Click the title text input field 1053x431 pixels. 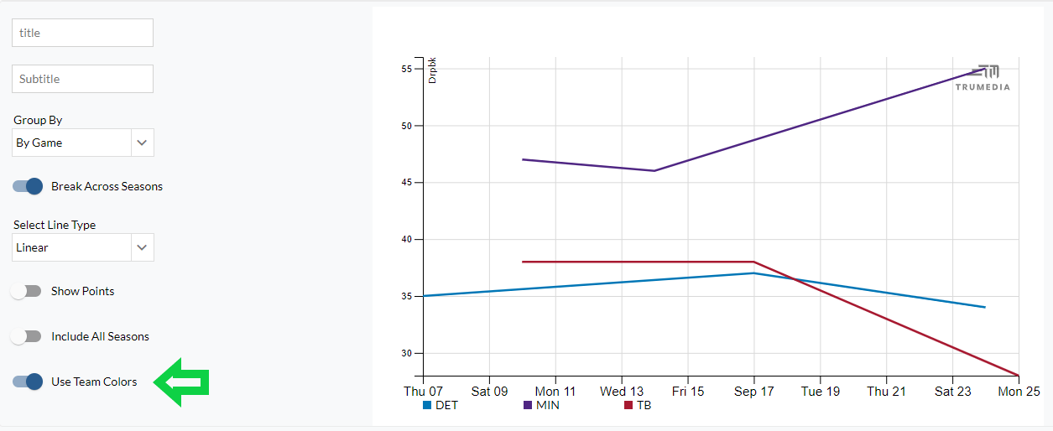coord(82,33)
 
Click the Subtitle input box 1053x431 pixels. coord(82,79)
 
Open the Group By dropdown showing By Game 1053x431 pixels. coord(83,143)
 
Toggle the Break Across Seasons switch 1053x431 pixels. coord(28,186)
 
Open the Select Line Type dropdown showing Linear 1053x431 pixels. coord(83,247)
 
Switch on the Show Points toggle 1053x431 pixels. coord(27,291)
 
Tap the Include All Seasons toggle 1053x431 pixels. coord(27,336)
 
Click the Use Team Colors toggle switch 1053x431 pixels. coord(28,382)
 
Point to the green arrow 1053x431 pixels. coord(181,382)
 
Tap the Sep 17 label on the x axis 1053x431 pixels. coord(753,391)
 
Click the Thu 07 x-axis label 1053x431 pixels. coord(423,391)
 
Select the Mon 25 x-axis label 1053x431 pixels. coord(1019,391)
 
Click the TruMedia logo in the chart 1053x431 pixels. coord(983,77)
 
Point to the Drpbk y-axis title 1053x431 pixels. coord(433,70)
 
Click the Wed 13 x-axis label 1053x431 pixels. coord(622,391)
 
